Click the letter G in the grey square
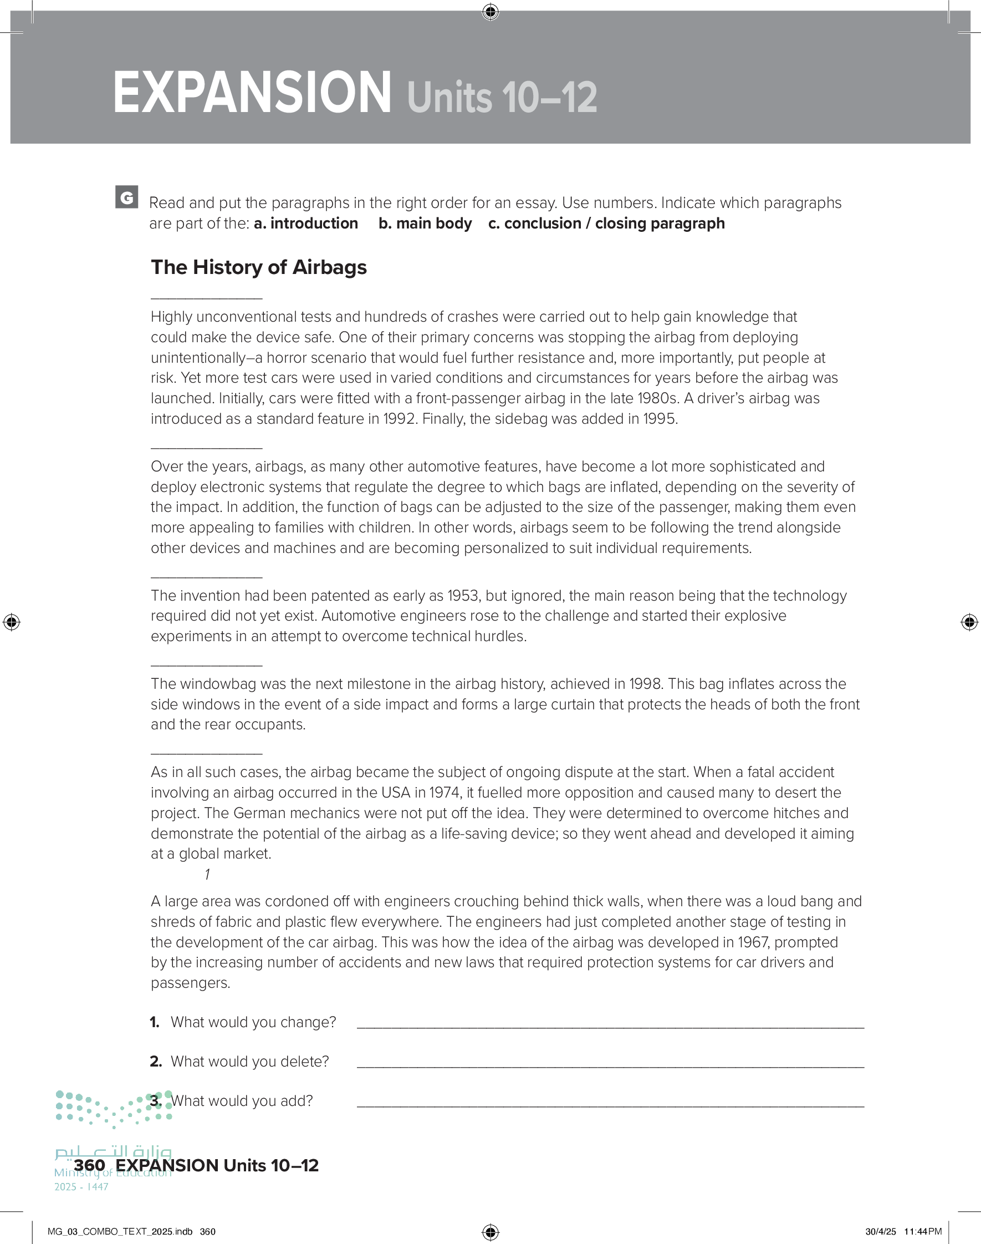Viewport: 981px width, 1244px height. coord(126,197)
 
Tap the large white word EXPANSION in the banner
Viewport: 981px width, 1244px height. coord(252,93)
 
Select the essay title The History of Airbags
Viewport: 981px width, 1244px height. coord(258,267)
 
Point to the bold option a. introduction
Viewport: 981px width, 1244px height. coord(305,224)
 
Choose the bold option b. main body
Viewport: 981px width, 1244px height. coord(425,224)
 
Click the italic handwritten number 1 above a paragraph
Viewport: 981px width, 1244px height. coord(207,875)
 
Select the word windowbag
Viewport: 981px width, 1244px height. coord(216,684)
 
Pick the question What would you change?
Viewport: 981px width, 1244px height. coord(253,1022)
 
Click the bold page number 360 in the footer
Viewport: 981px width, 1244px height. coord(90,1165)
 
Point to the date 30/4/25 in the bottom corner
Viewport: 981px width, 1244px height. coord(881,1231)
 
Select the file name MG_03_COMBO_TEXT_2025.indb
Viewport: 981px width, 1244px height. coord(120,1231)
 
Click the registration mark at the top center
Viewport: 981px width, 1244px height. coord(491,12)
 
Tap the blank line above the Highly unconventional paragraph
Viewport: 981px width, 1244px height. coord(206,298)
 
